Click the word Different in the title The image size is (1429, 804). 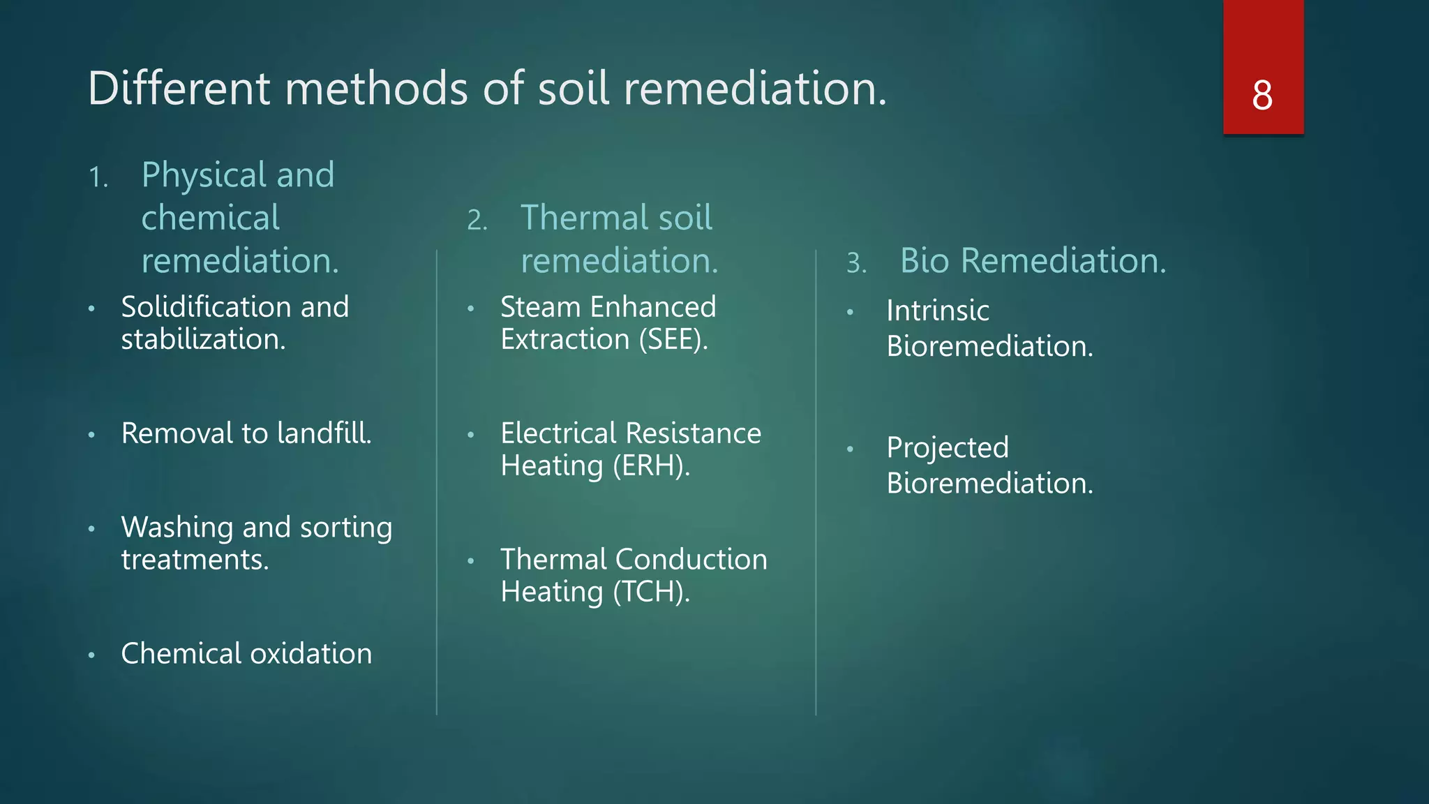(179, 89)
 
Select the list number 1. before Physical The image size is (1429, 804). (98, 177)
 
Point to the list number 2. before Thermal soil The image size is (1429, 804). (477, 221)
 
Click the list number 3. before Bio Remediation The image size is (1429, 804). (857, 263)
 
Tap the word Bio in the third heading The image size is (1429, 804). (925, 261)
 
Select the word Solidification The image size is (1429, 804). (206, 307)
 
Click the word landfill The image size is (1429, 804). (324, 433)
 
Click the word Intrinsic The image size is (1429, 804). (938, 311)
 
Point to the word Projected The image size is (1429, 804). (948, 448)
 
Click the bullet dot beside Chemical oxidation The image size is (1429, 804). (91, 655)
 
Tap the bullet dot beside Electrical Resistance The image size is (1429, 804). (471, 435)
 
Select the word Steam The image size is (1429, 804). (540, 307)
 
